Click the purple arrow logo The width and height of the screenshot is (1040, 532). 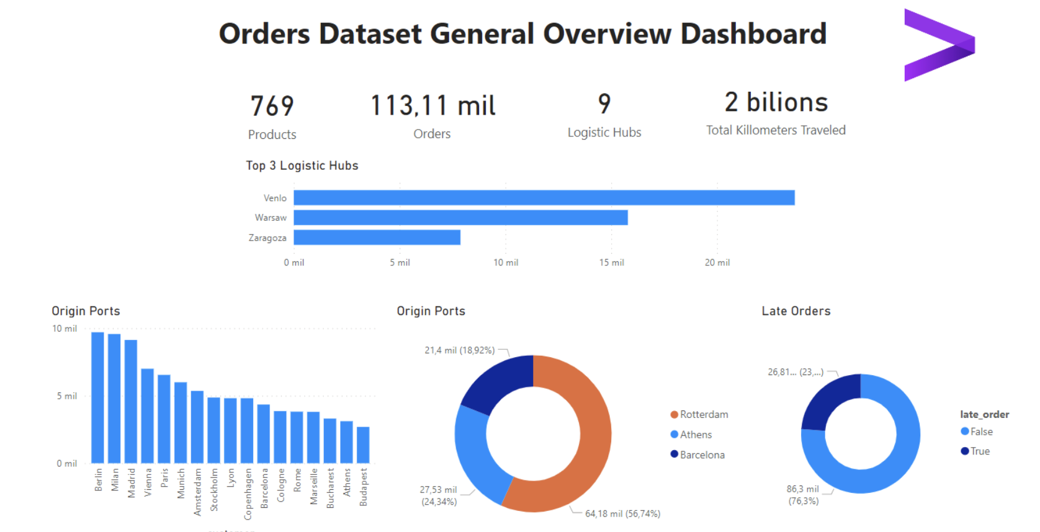938,45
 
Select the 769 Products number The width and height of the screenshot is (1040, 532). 272,106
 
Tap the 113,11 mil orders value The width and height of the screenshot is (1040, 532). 433,105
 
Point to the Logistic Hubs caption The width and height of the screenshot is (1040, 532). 604,133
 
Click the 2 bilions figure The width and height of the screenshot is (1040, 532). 776,102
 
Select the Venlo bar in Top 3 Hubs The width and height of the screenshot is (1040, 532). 544,198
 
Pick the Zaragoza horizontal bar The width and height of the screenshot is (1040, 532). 377,237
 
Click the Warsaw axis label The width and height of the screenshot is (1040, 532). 271,218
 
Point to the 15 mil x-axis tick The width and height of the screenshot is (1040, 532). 611,263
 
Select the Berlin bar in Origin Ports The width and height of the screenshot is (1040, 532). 97,397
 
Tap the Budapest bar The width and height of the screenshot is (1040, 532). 363,445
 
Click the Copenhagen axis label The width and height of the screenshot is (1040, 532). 248,494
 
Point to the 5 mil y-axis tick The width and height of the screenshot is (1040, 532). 67,396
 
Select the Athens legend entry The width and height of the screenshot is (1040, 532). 695,435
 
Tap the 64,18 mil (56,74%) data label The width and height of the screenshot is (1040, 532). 622,514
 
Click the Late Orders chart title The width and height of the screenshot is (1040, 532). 796,311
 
